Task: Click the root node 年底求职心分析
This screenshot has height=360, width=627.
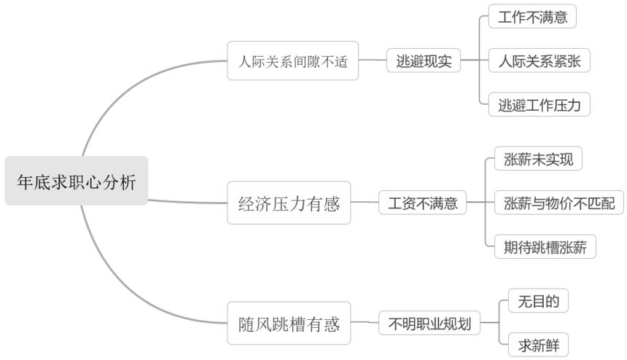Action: [76, 181]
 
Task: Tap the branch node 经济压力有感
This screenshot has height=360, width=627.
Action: [289, 203]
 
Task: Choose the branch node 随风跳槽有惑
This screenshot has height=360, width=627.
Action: [289, 323]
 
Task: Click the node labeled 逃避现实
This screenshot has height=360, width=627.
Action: [424, 60]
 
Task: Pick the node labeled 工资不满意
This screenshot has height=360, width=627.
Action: [423, 203]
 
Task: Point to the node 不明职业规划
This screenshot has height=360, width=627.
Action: [429, 323]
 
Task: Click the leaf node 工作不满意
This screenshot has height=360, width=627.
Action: [532, 17]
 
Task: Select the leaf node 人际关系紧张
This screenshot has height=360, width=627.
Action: [539, 60]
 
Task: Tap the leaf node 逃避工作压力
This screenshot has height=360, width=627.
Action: [539, 104]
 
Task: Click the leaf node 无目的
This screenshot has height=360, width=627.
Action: [538, 301]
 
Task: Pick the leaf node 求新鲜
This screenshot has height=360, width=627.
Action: [538, 345]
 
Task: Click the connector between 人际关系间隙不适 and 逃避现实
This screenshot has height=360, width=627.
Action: [373, 60]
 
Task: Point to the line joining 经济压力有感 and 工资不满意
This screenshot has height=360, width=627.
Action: [365, 203]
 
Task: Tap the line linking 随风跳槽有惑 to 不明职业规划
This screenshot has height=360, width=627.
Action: [365, 322]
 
